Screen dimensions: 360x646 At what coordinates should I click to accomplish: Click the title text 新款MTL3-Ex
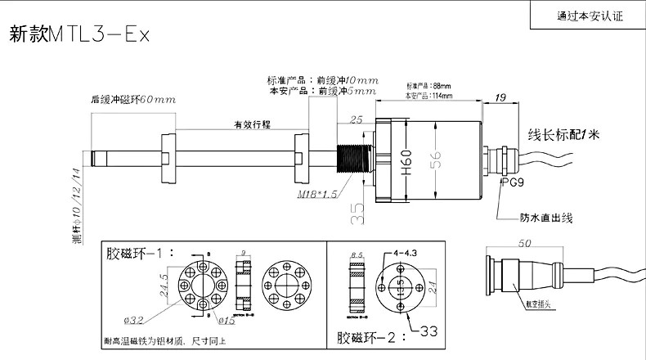coord(80,35)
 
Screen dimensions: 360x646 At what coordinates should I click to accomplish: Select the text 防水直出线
coord(547,218)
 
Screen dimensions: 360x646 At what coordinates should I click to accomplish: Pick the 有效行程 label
coord(250,124)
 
